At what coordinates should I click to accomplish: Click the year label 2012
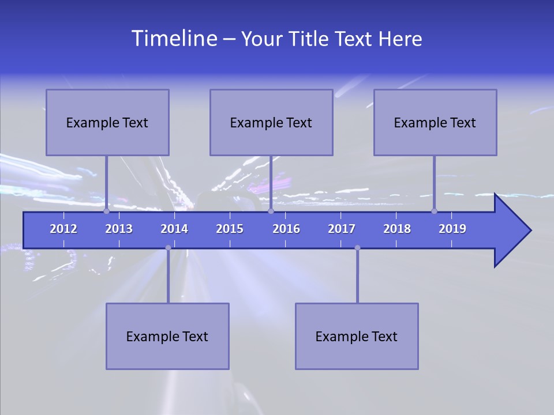pyautogui.click(x=63, y=229)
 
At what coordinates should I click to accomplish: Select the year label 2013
pyautogui.click(x=119, y=229)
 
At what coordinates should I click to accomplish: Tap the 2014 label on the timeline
pyautogui.click(x=174, y=229)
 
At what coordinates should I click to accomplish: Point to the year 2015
pyautogui.click(x=230, y=229)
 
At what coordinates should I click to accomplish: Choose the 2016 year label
pyautogui.click(x=286, y=229)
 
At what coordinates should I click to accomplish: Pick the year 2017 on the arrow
pyautogui.click(x=342, y=229)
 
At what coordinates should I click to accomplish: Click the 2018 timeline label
pyautogui.click(x=397, y=229)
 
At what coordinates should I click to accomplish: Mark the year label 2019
pyautogui.click(x=452, y=229)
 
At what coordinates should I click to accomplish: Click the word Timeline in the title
pyautogui.click(x=173, y=39)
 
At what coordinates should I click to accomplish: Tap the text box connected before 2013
pyautogui.click(x=107, y=122)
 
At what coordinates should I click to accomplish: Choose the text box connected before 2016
pyautogui.click(x=271, y=122)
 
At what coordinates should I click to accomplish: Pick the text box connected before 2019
pyautogui.click(x=435, y=122)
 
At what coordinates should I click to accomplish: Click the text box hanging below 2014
pyautogui.click(x=167, y=336)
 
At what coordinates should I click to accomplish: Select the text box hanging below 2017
pyautogui.click(x=357, y=336)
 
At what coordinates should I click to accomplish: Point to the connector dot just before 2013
pyautogui.click(x=107, y=211)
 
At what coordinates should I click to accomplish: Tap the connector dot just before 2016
pyautogui.click(x=271, y=211)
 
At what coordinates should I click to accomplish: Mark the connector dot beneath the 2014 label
pyautogui.click(x=168, y=248)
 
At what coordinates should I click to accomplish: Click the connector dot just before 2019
pyautogui.click(x=435, y=211)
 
